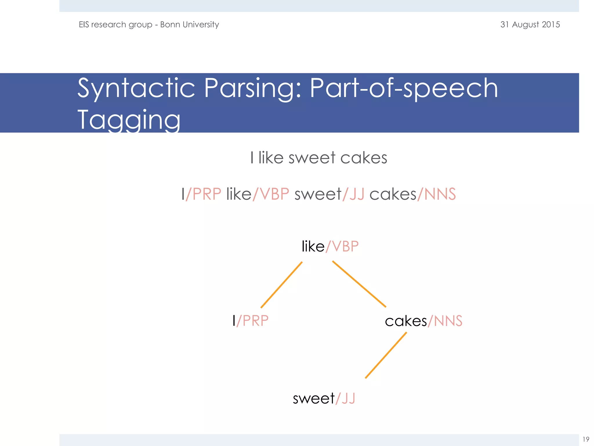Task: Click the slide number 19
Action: [586, 439]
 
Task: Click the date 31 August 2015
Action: [530, 24]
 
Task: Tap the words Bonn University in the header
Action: [189, 24]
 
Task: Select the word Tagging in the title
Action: [129, 120]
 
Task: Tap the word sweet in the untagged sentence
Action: [312, 158]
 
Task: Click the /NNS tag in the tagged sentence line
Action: [437, 194]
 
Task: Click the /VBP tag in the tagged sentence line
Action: [271, 194]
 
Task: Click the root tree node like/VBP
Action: [330, 247]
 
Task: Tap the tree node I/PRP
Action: [251, 321]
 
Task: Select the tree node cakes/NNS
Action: [423, 321]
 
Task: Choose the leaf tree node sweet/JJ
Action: [324, 398]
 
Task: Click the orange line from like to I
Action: [282, 285]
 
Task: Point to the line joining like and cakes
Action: [359, 284]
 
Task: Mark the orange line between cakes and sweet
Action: [386, 355]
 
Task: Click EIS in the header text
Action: [84, 24]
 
